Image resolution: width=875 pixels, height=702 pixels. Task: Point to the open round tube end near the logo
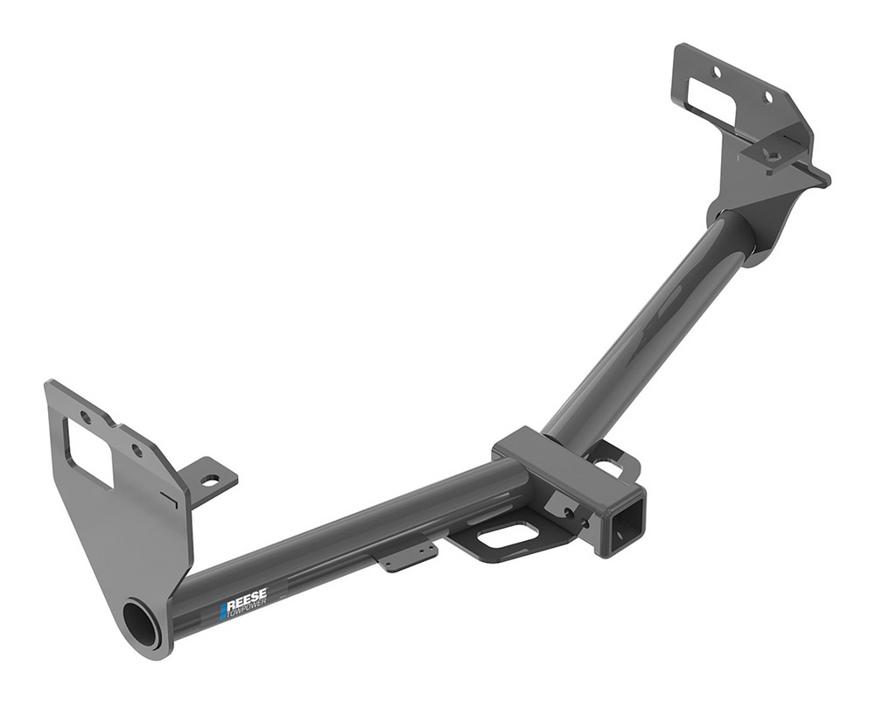tap(142, 624)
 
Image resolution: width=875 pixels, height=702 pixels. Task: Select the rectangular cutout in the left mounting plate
tap(87, 452)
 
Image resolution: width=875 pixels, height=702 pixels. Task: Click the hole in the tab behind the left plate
tap(211, 481)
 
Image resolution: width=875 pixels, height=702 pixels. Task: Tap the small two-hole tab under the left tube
tap(409, 554)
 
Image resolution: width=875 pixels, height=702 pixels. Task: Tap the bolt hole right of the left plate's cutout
tap(136, 451)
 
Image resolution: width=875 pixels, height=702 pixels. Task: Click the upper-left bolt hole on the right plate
tap(717, 71)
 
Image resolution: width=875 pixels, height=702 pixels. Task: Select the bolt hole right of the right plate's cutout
tap(767, 97)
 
